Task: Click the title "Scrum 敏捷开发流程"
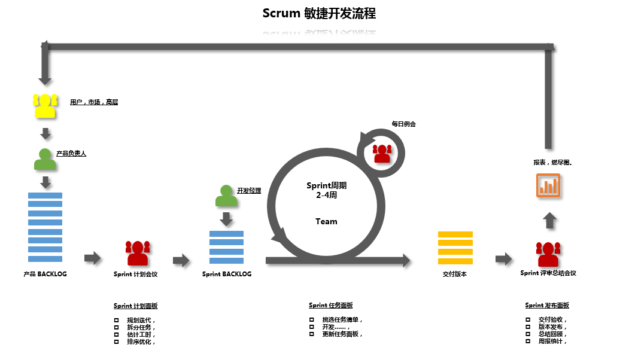click(x=319, y=13)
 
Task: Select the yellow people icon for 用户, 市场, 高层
click(x=45, y=106)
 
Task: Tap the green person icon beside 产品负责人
click(x=45, y=159)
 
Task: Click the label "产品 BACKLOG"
click(x=45, y=274)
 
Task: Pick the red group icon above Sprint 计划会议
click(x=138, y=253)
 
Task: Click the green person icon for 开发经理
click(x=226, y=196)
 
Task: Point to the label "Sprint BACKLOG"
click(x=227, y=274)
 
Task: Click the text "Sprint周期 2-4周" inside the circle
click(x=326, y=190)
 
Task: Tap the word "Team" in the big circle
click(x=326, y=221)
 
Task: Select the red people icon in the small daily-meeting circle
click(x=382, y=153)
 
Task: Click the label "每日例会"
click(x=403, y=124)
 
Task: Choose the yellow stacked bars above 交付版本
click(x=455, y=247)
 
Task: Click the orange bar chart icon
click(x=548, y=185)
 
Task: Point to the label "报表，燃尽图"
click(x=552, y=162)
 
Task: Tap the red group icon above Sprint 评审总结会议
click(x=548, y=254)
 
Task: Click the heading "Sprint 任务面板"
click(x=330, y=306)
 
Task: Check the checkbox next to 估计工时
click(x=116, y=335)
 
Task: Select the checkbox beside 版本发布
click(x=528, y=327)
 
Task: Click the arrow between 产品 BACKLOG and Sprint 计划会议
click(x=93, y=258)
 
